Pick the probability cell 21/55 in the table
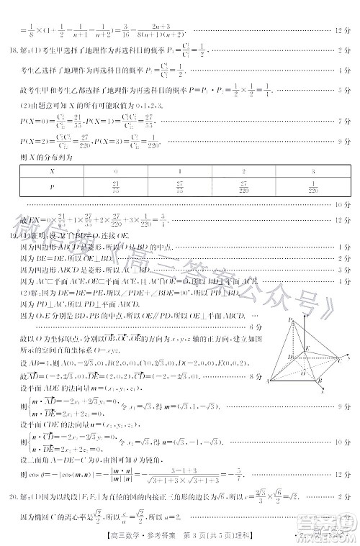coord(115,188)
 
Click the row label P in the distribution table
coord(51,188)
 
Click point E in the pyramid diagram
coord(307,347)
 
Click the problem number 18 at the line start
coord(13,50)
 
